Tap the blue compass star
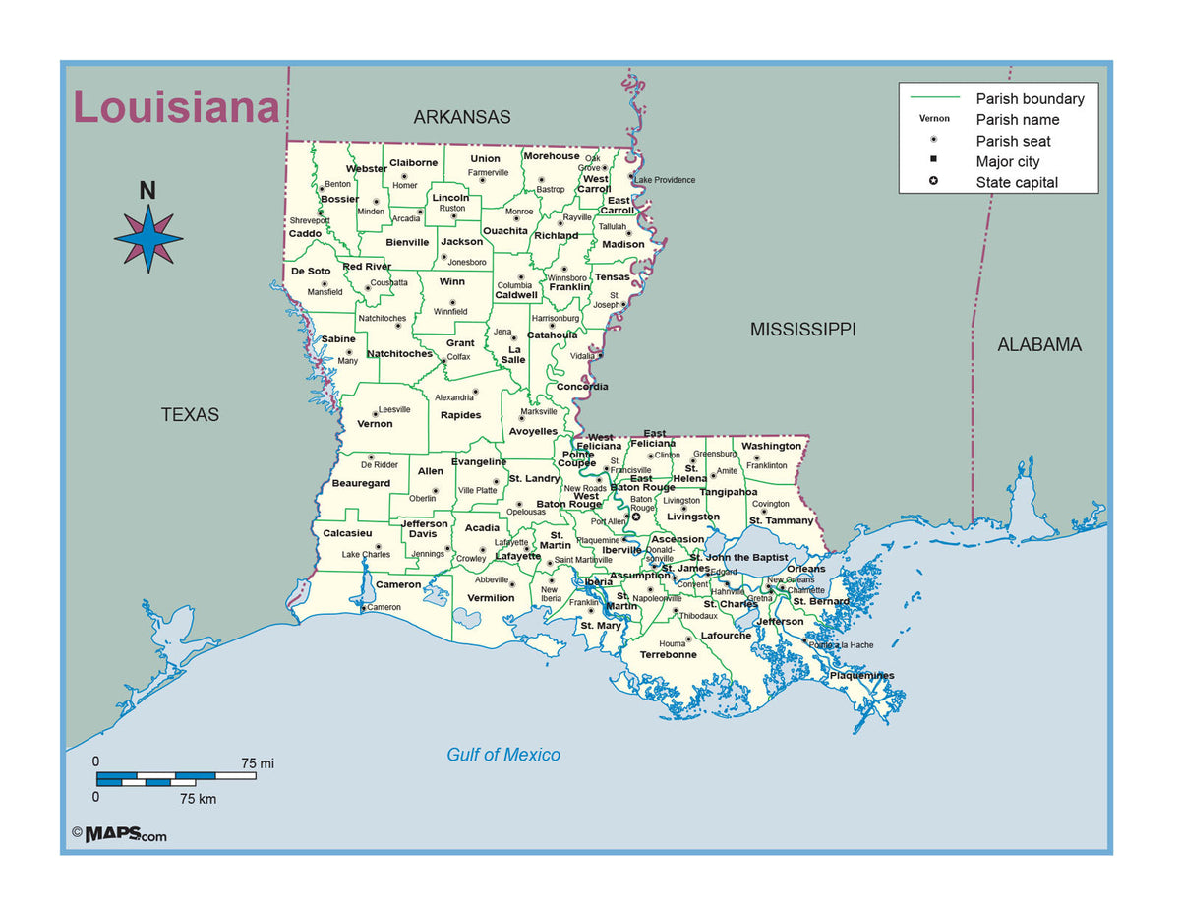point(148,238)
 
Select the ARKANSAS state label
point(461,117)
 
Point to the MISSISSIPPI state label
point(802,330)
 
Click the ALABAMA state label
point(1038,345)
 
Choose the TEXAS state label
point(190,415)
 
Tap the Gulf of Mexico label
point(503,755)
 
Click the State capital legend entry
point(1017,182)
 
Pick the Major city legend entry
point(1007,161)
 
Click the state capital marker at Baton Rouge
point(635,517)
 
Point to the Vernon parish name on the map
point(375,424)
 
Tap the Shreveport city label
point(309,221)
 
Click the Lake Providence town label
point(665,180)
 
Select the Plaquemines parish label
point(861,676)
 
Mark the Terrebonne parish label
point(668,655)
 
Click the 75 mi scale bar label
point(258,762)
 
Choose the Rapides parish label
point(460,415)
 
